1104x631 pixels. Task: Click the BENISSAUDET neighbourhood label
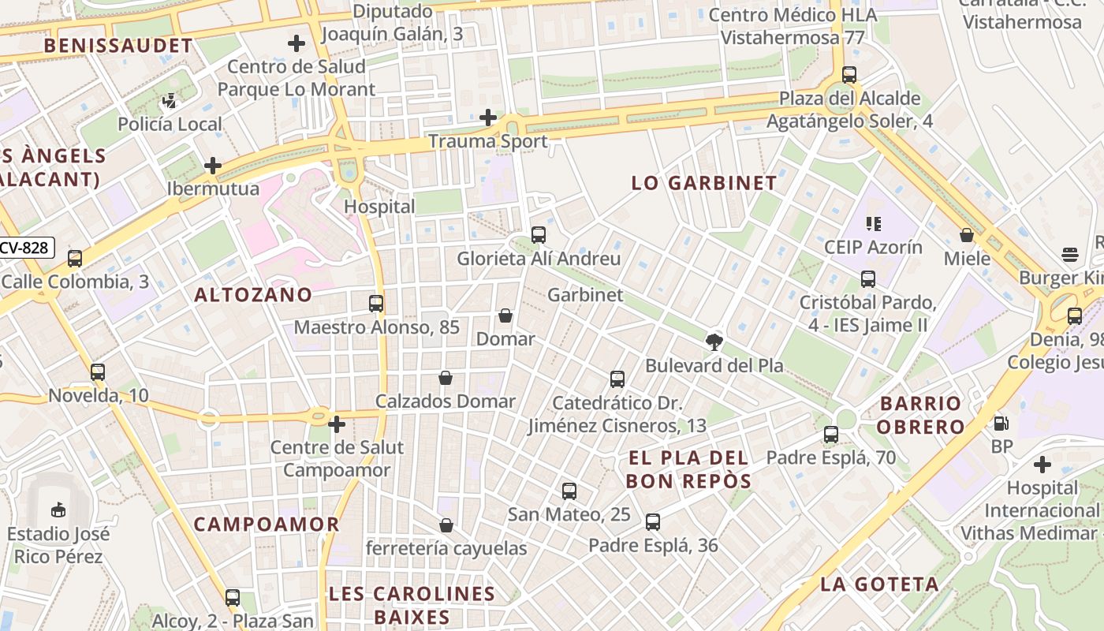[118, 46]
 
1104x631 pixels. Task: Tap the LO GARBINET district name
[704, 183]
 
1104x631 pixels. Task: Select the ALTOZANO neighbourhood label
[253, 295]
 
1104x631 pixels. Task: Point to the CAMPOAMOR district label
[267, 525]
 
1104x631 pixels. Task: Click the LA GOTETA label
[879, 584]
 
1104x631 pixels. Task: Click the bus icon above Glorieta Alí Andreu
[539, 234]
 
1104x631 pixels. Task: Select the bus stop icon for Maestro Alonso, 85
[376, 303]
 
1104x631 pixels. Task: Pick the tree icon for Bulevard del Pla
[714, 342]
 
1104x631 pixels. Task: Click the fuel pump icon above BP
[1001, 423]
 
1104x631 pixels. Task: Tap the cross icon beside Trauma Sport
[488, 118]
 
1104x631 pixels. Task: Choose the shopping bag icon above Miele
[967, 235]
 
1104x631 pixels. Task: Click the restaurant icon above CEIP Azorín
[873, 224]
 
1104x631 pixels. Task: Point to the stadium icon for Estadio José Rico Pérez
[58, 510]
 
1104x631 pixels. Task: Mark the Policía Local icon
[170, 101]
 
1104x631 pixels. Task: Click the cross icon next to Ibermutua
[212, 166]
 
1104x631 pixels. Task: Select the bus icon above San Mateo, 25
[569, 491]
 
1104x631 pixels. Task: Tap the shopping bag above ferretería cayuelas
[446, 525]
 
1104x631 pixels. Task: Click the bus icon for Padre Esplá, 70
[831, 434]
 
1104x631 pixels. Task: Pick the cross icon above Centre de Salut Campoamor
[337, 424]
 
